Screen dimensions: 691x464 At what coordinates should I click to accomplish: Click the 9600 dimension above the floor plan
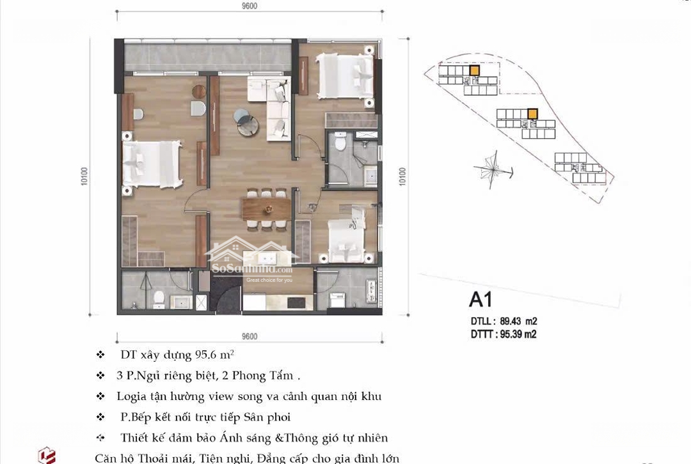[250, 6]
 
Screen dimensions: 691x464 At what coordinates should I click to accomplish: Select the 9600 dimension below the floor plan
[250, 336]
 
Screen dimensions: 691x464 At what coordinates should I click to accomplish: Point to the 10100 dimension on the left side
[84, 176]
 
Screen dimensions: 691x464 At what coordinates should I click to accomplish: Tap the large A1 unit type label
[481, 300]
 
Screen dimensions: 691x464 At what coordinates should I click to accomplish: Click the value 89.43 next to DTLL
[511, 321]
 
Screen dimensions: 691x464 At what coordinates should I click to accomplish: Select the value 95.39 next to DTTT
[511, 334]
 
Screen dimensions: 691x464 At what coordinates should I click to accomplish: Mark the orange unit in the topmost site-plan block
[474, 70]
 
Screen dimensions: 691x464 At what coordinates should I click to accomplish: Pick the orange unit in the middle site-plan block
[532, 114]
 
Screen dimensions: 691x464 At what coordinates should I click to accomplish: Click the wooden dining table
[266, 208]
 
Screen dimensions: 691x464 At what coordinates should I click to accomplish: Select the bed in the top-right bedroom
[345, 75]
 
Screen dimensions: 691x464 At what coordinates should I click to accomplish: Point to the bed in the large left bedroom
[152, 164]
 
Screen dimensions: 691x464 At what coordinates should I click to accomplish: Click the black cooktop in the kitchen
[300, 302]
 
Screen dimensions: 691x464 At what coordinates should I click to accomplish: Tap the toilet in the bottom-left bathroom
[159, 299]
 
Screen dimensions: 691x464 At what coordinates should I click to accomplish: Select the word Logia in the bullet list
[129, 397]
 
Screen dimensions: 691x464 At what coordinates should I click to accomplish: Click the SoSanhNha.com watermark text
[252, 268]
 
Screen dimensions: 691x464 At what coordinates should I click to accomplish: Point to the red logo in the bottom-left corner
[47, 456]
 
